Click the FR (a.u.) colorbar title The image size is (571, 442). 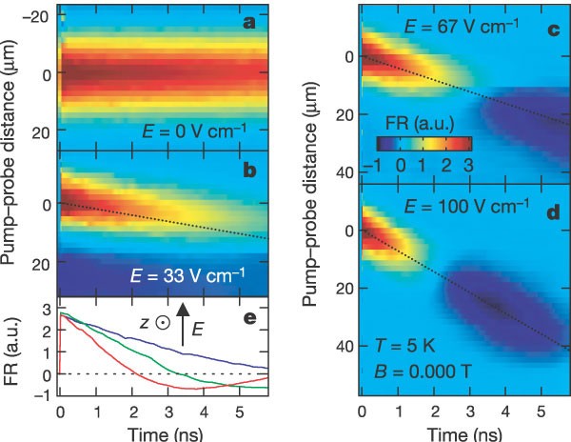pyautogui.click(x=422, y=124)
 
